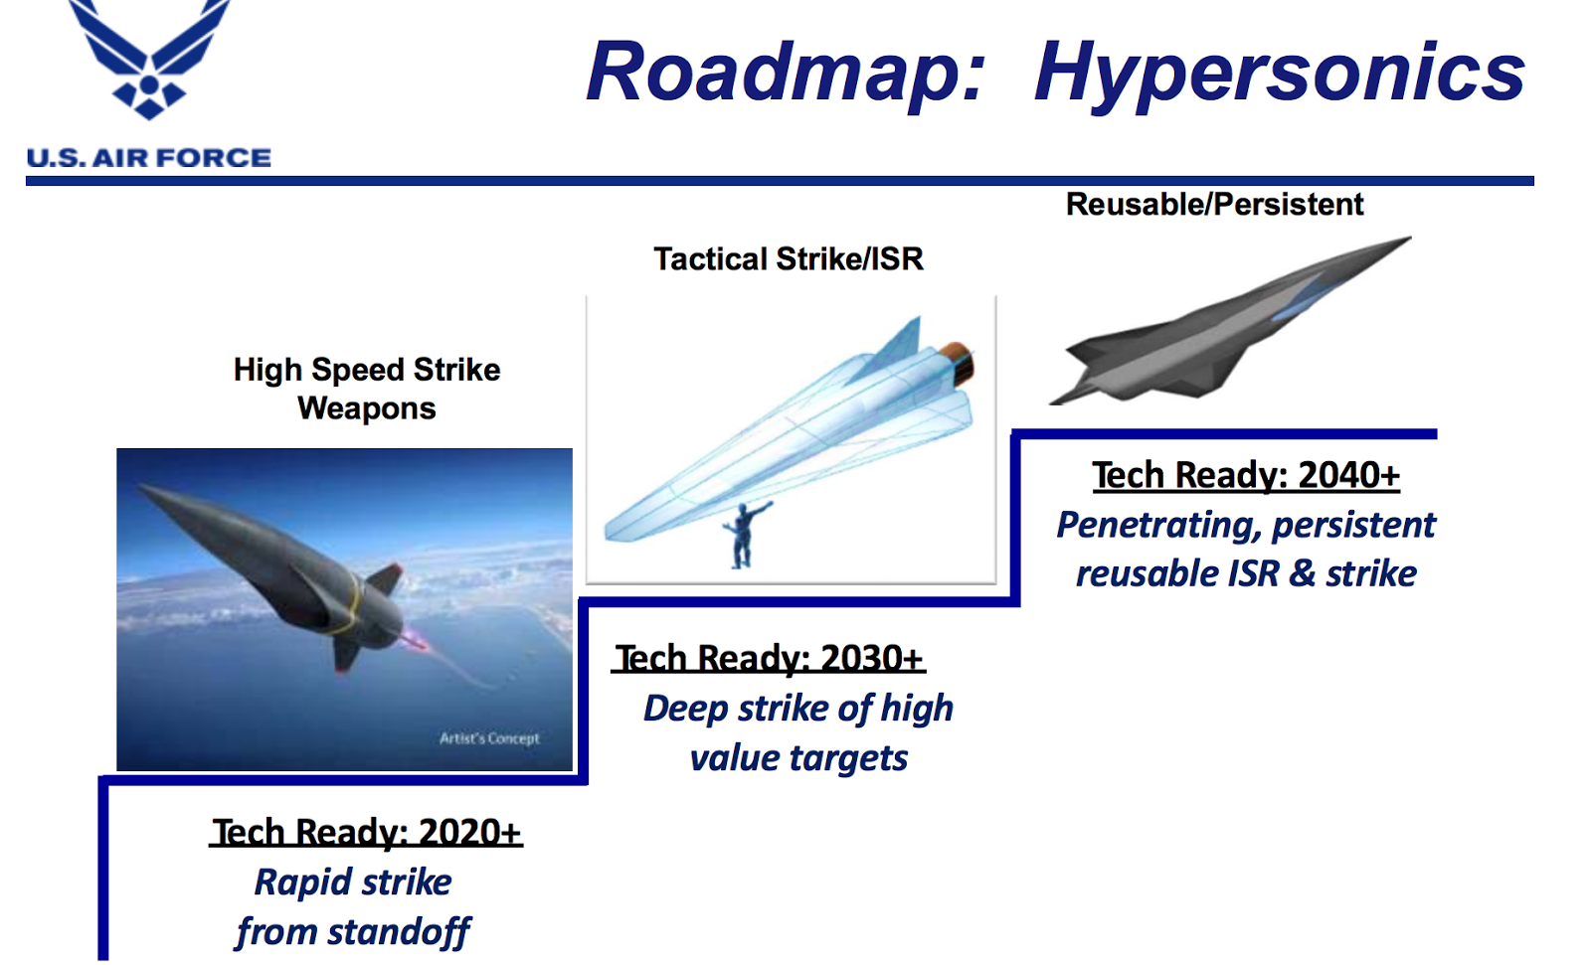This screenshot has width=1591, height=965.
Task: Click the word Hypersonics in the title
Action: coord(1279,72)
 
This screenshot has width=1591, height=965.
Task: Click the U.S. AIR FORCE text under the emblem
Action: coord(149,158)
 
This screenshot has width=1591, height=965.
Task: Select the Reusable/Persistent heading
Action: coord(1214,205)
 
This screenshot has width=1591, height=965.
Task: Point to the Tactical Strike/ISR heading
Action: coord(789,259)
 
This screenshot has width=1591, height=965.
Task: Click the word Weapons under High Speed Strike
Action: coord(366,408)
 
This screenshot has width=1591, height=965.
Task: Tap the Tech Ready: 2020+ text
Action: coord(366,832)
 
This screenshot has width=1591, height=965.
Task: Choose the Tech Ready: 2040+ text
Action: coord(1246,475)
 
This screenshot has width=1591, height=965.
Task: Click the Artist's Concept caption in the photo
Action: coord(489,738)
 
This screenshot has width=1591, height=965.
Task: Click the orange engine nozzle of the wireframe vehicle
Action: coord(960,362)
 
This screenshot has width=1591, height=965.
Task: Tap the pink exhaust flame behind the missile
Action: coord(413,641)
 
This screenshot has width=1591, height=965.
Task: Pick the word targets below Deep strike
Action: coord(848,758)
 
